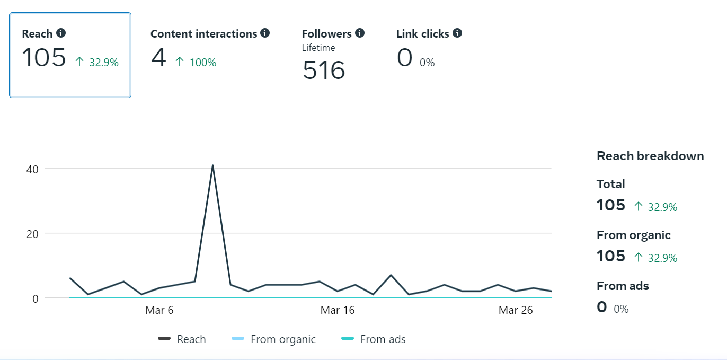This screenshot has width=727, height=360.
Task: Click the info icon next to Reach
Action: [61, 33]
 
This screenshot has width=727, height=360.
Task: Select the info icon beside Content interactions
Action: [265, 33]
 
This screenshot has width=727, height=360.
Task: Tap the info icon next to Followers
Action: [360, 33]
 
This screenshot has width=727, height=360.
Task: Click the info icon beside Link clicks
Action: [457, 33]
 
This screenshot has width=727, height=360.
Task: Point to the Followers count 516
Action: [324, 71]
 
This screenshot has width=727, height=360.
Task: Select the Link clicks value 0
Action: [404, 58]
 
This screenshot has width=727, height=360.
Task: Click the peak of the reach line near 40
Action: [212, 165]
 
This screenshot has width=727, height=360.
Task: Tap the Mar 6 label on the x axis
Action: [159, 310]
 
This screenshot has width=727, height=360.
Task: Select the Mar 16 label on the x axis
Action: [338, 310]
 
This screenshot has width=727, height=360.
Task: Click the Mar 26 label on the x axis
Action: [516, 310]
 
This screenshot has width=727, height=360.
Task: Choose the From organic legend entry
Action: [282, 339]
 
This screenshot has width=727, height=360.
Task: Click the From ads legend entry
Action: [383, 339]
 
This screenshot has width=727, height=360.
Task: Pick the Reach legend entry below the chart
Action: [191, 339]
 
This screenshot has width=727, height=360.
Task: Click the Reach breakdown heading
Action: [650, 156]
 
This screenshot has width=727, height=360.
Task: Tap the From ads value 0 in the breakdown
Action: [601, 307]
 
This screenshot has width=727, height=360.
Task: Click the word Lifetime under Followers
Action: [318, 48]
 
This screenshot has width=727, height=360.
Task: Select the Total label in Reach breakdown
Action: [611, 184]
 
